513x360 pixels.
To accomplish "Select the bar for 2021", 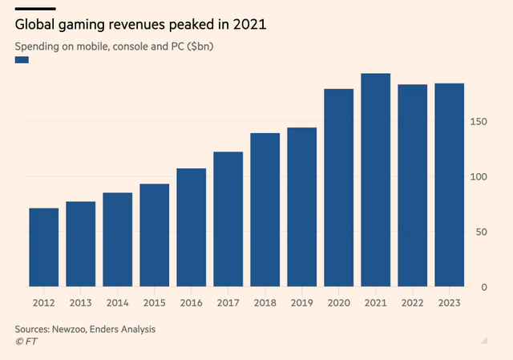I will (x=376, y=180).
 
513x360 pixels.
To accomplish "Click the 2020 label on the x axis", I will (x=339, y=303).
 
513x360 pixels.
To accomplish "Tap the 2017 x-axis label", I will (x=228, y=303).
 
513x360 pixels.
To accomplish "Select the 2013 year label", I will (x=81, y=303).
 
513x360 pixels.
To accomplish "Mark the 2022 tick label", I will (x=413, y=303).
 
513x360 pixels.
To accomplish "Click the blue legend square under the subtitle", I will (x=22, y=60).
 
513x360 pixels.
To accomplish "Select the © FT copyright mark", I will (x=26, y=342).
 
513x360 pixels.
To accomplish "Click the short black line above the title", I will (x=30, y=9).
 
